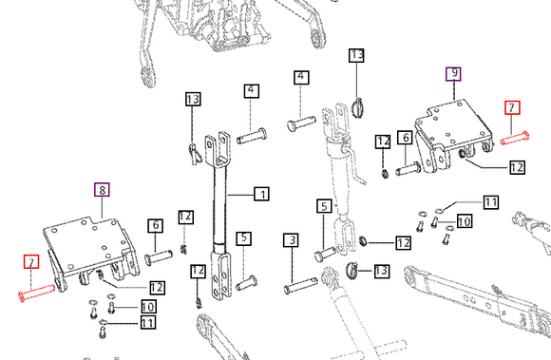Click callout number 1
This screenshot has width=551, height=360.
coord(262,194)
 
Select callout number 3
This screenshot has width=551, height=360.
coord(292,240)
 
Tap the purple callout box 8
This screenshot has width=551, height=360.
coord(102,190)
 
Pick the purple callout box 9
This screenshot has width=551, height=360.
coord(454,74)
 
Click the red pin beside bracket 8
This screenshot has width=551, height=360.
coord(36,293)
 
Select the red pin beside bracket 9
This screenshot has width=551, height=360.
coord(515,138)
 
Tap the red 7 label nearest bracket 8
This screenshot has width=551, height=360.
coord(31,262)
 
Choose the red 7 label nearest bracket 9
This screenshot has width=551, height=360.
coord(512,107)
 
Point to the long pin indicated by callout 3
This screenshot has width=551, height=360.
coord(301,286)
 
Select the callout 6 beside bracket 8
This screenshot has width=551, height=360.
coord(155,226)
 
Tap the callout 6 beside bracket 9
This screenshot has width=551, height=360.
coord(405,138)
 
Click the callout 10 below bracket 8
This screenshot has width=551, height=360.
coord(148,307)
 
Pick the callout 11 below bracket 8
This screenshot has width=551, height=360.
coord(147,322)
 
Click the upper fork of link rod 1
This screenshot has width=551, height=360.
coord(218,149)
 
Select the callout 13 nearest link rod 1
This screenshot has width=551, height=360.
coord(193,99)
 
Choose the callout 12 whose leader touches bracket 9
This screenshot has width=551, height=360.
coord(517,167)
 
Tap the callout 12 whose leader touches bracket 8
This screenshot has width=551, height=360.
coord(157,288)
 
